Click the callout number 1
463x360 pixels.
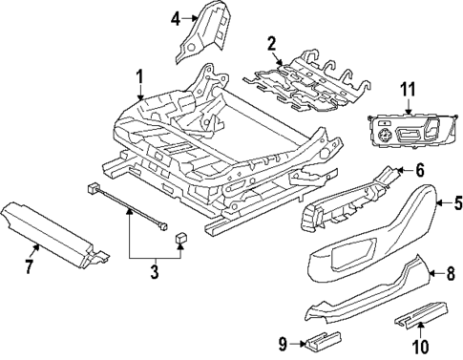pos(139,75)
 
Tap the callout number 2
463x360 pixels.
pos(271,42)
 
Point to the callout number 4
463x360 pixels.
pos(175,18)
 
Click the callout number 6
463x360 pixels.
pos(417,170)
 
